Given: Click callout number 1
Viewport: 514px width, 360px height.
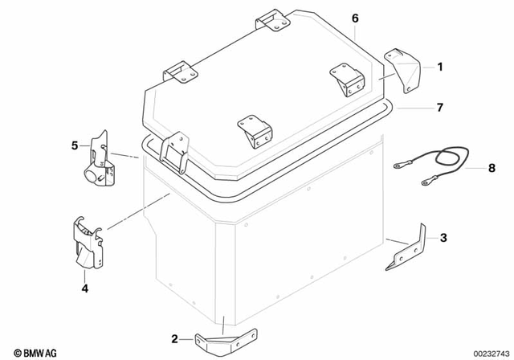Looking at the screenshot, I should pos(439,68).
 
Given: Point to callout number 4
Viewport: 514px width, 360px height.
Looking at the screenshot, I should pos(84,286).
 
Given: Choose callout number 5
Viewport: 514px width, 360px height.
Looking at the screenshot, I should pos(75,145).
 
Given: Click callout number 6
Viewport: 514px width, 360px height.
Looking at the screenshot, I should pos(355,18).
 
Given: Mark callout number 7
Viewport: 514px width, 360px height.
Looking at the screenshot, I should pos(440,107).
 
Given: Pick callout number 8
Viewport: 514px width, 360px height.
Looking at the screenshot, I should pos(469,169).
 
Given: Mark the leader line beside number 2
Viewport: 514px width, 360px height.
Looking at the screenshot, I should pos(189,337).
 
